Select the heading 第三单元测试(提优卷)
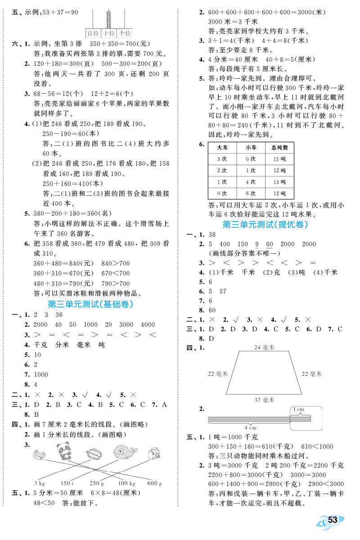(x=269, y=224)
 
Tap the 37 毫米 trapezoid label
(x=264, y=400)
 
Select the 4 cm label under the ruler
(x=250, y=427)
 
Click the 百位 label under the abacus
(x=93, y=33)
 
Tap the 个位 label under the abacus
(x=124, y=33)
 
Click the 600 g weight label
(x=154, y=483)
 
